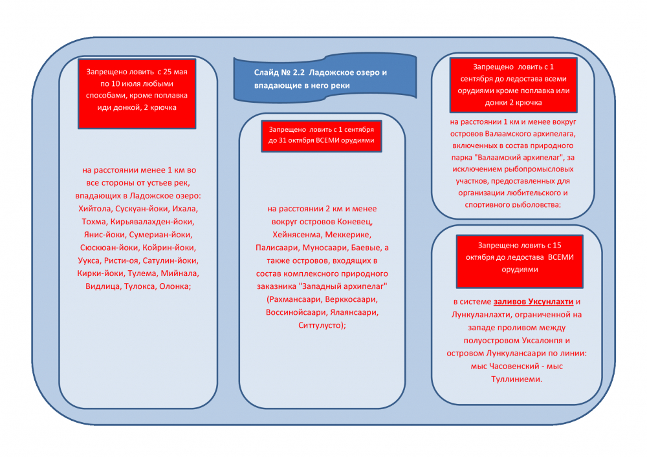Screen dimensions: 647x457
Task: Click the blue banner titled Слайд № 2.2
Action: point(325,78)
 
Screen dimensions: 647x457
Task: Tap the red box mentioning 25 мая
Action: point(137,94)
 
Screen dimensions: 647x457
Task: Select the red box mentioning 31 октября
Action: point(322,136)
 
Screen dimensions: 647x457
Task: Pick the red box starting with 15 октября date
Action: point(520,261)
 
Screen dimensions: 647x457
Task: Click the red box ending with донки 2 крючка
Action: point(513,85)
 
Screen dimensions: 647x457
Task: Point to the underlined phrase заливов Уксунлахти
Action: point(534,302)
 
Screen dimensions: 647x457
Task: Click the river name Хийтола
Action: point(94,209)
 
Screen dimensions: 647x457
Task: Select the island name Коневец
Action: point(355,222)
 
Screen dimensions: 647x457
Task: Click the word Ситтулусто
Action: point(320,325)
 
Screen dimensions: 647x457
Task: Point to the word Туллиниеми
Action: point(516,379)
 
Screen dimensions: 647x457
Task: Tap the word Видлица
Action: point(103,286)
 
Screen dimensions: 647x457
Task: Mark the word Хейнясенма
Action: point(297,235)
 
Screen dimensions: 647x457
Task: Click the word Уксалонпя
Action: point(542,341)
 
